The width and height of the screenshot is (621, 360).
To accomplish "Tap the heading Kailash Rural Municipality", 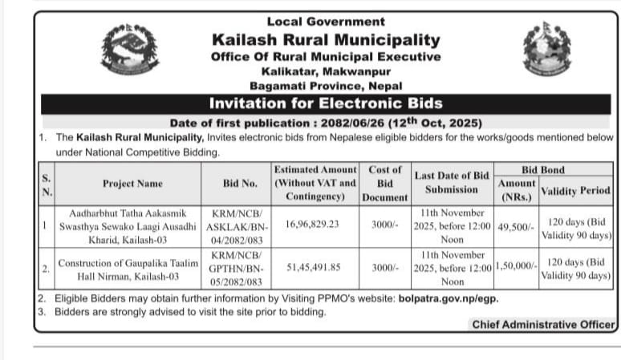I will tap(326, 39).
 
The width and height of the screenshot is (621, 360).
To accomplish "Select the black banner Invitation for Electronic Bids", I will tap(326, 103).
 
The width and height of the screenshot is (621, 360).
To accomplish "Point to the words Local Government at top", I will tap(326, 22).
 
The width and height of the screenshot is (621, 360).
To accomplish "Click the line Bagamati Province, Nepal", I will tap(326, 86).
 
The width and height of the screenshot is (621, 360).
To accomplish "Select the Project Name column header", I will tap(132, 184).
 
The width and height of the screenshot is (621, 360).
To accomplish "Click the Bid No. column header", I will tap(240, 184).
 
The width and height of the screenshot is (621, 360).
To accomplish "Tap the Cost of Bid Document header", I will tap(384, 184).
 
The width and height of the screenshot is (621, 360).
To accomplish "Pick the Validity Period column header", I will tap(575, 191).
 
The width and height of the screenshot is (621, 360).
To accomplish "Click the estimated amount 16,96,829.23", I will tap(312, 224).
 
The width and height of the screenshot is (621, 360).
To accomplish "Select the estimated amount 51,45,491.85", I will tap(312, 267).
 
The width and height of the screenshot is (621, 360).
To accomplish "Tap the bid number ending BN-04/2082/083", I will tap(240, 226).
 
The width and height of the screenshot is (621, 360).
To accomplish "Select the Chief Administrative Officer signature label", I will tap(543, 325).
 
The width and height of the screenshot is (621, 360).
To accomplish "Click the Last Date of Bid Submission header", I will tap(452, 183).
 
